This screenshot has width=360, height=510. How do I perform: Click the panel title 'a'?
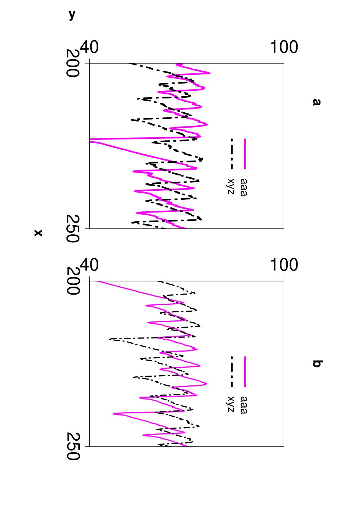(x=316, y=102)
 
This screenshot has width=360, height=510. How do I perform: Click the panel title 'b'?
(x=316, y=364)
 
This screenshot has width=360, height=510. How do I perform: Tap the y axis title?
(x=72, y=15)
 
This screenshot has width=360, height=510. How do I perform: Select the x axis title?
(x=38, y=233)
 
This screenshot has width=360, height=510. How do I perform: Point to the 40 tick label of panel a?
(x=89, y=47)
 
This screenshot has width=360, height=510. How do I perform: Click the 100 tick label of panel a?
(x=284, y=47)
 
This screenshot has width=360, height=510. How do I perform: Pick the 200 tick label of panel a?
(x=73, y=63)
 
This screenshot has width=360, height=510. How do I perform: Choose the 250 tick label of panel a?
(x=73, y=228)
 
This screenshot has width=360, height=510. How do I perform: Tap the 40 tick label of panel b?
(x=89, y=265)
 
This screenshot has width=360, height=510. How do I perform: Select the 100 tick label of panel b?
(x=284, y=265)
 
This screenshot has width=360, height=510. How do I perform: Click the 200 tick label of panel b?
(x=73, y=281)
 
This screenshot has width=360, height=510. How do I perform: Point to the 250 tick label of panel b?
(x=73, y=446)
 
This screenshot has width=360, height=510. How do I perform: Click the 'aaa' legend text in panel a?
(x=244, y=187)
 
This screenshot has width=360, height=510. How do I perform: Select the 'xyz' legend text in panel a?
(x=230, y=186)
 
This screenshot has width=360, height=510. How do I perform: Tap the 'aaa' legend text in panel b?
(x=244, y=405)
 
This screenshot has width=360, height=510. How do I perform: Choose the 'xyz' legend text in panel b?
(x=230, y=404)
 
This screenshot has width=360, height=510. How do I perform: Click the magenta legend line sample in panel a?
(x=245, y=154)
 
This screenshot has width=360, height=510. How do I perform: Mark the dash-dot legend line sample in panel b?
(x=232, y=372)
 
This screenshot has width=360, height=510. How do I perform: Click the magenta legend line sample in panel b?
(x=245, y=372)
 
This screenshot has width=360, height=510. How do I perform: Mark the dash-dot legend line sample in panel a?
(x=232, y=154)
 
